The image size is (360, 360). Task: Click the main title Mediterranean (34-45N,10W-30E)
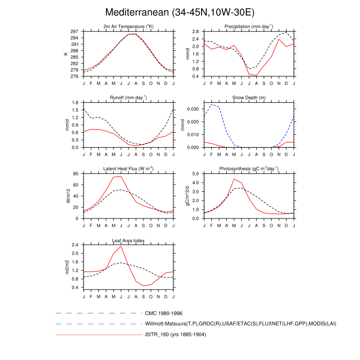coord(179,12)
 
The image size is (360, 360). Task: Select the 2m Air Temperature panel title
coord(128,27)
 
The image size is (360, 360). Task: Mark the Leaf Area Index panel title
coord(128,240)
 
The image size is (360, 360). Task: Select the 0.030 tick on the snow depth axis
coord(193,109)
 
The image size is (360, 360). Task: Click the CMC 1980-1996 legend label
coord(164,313)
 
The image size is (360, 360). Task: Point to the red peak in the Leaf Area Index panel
coord(121,246)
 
